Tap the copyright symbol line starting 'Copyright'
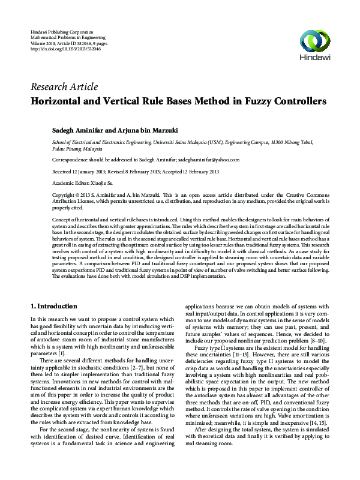pyautogui.click(x=66, y=195)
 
